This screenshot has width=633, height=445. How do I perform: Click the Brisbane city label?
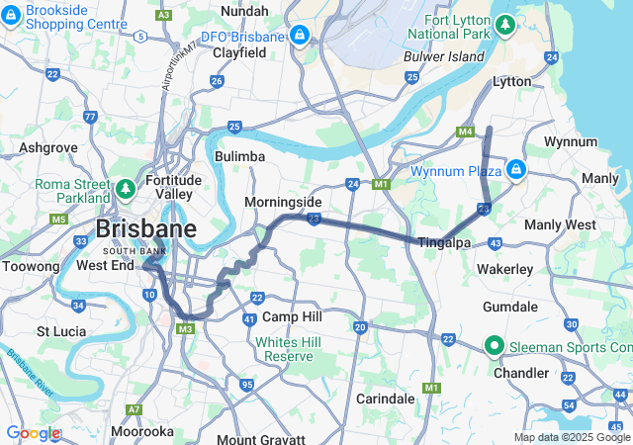(x=145, y=228)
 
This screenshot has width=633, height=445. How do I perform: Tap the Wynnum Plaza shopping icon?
(x=515, y=171)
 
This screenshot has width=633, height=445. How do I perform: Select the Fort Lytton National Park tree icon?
(x=505, y=23)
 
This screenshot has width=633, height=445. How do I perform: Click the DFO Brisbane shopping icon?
(x=299, y=37)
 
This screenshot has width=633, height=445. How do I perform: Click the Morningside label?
(x=283, y=202)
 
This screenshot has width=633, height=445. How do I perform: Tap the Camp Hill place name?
(x=292, y=316)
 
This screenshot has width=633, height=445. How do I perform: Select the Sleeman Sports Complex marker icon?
(x=494, y=346)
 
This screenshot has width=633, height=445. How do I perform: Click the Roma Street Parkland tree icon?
(x=126, y=188)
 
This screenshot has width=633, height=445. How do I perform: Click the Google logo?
(x=33, y=433)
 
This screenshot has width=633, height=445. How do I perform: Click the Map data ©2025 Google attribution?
(x=572, y=437)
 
